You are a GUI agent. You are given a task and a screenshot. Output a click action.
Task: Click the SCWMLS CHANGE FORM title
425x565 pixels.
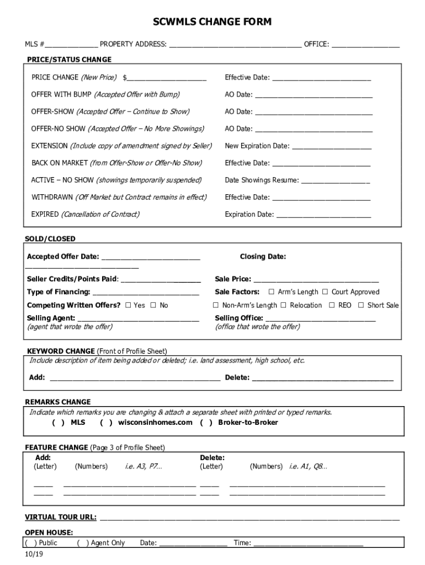pos(212,22)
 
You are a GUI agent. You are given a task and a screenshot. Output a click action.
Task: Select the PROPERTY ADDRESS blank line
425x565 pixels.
pos(235,45)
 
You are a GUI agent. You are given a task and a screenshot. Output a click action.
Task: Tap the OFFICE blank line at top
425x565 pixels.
pos(365,45)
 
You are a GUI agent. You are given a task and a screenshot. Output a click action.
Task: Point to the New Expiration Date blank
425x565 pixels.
pos(331,147)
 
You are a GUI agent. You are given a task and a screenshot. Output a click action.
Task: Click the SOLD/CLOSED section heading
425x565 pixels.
pos(50,239)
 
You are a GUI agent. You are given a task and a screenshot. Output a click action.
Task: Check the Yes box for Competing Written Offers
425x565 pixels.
pos(128,306)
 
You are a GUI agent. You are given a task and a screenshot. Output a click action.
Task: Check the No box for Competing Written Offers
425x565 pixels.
pos(153,306)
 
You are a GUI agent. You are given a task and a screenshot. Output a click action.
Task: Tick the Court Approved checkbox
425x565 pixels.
pos(325,292)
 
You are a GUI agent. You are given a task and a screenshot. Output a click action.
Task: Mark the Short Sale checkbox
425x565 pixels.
pos(361,306)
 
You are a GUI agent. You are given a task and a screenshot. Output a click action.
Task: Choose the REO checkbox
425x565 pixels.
pos(332,306)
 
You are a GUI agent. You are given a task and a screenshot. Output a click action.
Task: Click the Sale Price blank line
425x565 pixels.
pos(316,280)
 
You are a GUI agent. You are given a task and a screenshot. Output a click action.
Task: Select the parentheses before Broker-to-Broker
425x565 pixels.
pos(206,423)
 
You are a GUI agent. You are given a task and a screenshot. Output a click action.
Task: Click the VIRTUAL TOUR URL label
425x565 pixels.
pos(61,518)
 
